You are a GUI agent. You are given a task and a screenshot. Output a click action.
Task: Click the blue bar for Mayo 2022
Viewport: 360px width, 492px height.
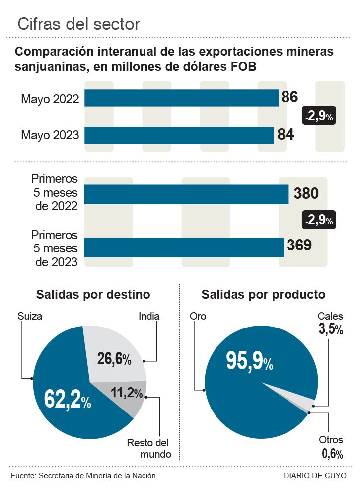click(181, 98)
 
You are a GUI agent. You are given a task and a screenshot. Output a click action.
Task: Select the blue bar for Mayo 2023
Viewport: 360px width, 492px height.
click(179, 135)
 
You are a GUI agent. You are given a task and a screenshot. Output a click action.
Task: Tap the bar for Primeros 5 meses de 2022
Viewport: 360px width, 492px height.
click(186, 194)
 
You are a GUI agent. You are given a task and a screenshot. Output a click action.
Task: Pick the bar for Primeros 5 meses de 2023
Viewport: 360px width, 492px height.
click(184, 247)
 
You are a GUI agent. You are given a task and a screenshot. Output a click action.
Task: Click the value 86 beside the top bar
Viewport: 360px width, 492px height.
click(289, 97)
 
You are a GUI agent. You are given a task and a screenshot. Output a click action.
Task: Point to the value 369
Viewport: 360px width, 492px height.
click(299, 246)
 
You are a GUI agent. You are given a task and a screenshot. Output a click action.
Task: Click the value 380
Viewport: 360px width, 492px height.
click(306, 193)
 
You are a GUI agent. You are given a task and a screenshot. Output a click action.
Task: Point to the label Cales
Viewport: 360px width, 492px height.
click(330, 317)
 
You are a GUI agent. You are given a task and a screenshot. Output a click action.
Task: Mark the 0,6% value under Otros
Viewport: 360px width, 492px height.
click(332, 453)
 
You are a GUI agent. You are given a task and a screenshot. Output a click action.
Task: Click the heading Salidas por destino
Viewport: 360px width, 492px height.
click(93, 294)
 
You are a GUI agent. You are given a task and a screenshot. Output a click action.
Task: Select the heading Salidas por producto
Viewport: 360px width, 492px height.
click(263, 294)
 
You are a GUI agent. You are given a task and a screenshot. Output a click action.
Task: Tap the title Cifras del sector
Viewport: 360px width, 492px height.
click(78, 24)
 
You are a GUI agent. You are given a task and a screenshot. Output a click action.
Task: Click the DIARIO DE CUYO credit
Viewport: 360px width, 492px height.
click(315, 476)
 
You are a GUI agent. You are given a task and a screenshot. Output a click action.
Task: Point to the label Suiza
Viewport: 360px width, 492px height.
click(30, 316)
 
